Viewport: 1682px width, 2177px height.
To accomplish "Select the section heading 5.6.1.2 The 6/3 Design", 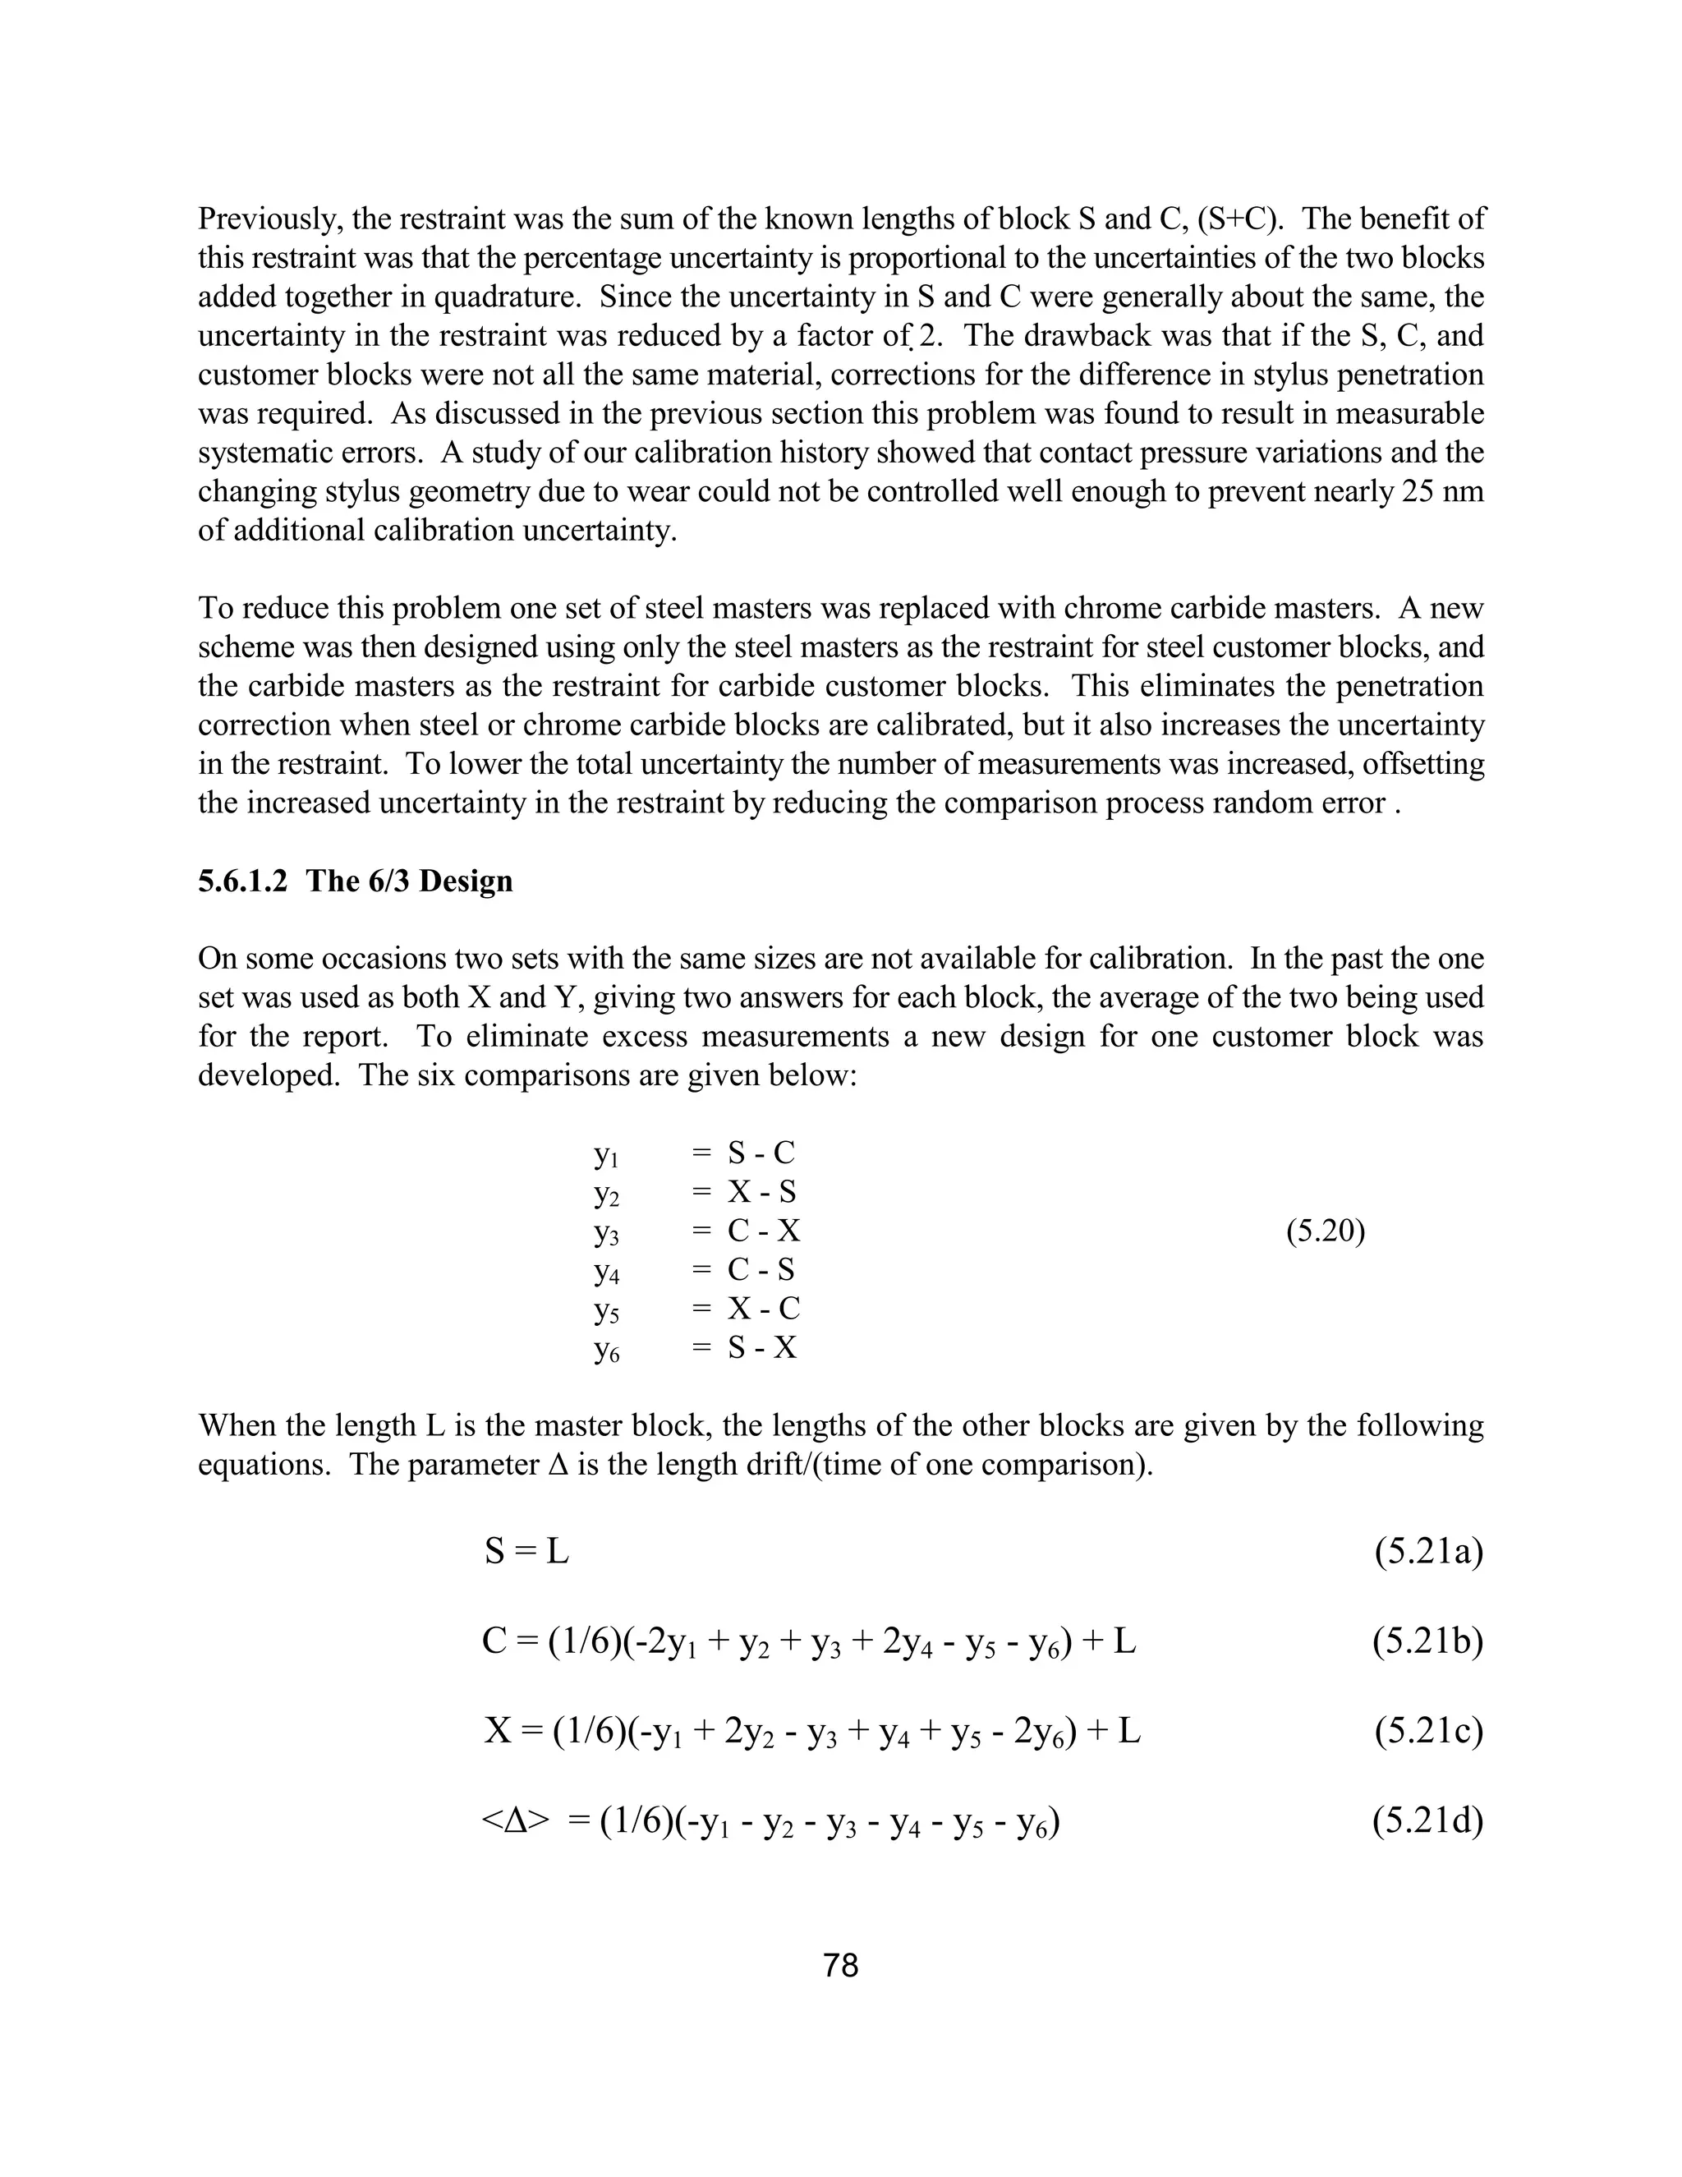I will [x=355, y=881].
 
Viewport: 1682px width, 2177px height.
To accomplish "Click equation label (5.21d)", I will [x=1427, y=1821].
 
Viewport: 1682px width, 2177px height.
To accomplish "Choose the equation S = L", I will [x=526, y=1552].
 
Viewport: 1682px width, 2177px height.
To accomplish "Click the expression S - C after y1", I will [x=761, y=1153].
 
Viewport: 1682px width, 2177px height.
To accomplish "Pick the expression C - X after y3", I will [x=763, y=1231].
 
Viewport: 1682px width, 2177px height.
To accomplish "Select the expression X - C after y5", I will [x=763, y=1309].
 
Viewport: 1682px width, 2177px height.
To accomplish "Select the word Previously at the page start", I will [x=262, y=219].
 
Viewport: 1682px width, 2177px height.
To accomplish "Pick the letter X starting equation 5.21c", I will [x=497, y=1732].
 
